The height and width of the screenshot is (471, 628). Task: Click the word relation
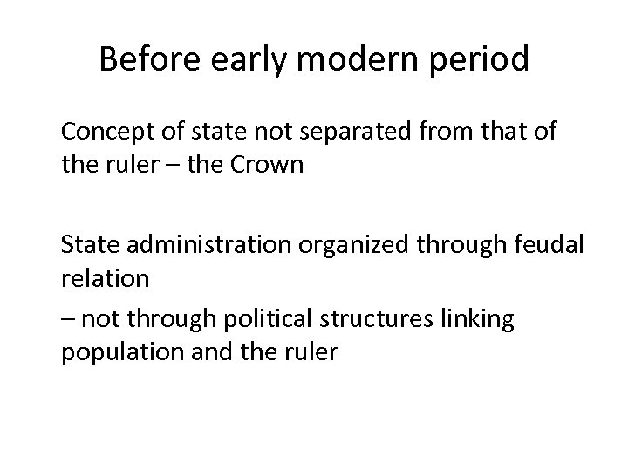105,278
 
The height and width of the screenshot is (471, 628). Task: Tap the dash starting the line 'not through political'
67,320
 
